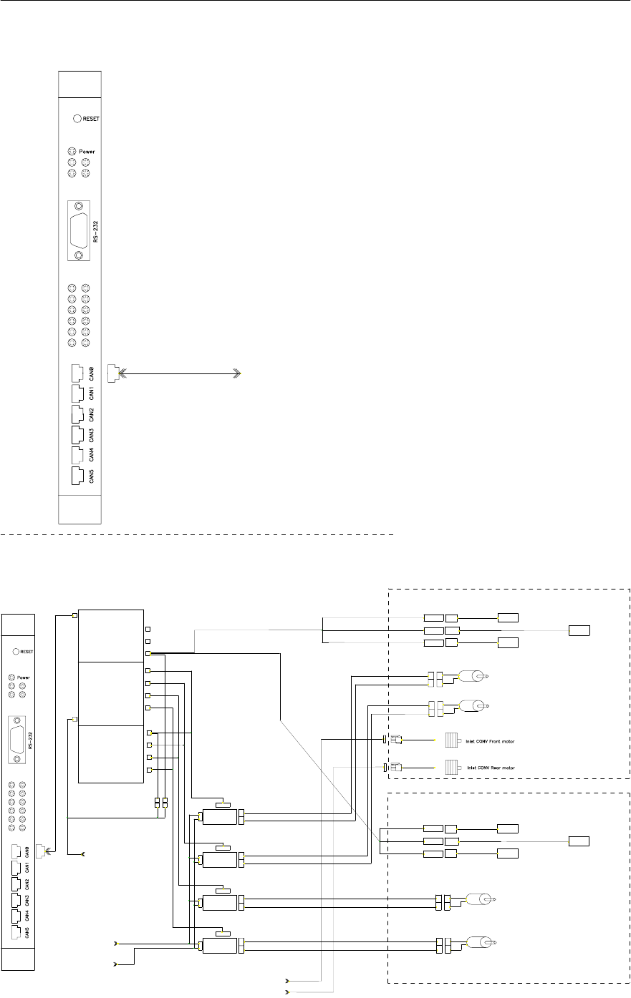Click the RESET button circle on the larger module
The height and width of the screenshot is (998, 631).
77,119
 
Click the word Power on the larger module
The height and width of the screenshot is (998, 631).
87,152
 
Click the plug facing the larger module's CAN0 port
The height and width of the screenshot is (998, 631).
112,373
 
